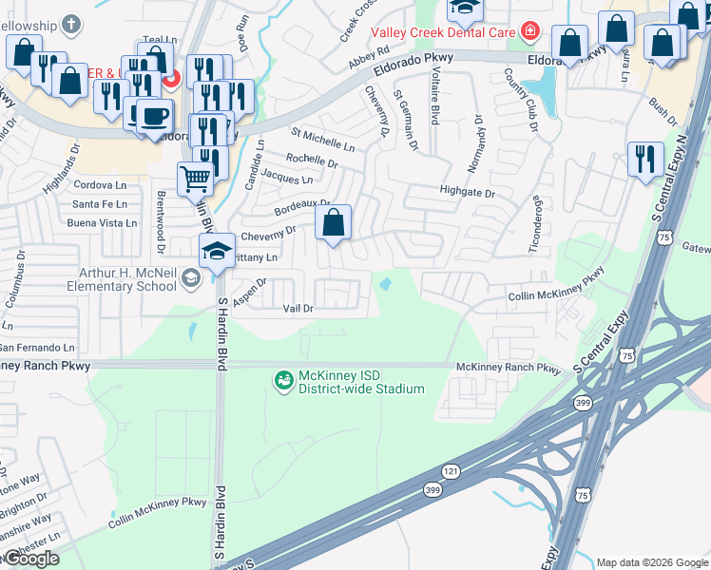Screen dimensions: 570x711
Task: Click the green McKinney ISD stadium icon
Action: pyautogui.click(x=282, y=381)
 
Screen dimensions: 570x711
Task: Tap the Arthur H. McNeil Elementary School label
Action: pyautogui.click(x=130, y=278)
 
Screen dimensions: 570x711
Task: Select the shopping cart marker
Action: pyautogui.click(x=195, y=177)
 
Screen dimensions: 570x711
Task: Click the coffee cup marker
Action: pyautogui.click(x=154, y=116)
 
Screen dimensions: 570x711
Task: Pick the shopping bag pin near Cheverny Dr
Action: pyautogui.click(x=333, y=223)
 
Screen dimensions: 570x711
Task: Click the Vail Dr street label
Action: pyautogui.click(x=298, y=309)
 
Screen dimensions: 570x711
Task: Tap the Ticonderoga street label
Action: pyautogui.click(x=536, y=225)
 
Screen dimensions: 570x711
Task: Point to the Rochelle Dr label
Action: pyautogui.click(x=312, y=162)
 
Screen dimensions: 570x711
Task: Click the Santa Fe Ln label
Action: pyautogui.click(x=99, y=203)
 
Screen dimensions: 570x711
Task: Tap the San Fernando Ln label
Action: pyautogui.click(x=37, y=349)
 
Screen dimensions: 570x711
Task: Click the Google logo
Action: pyautogui.click(x=31, y=558)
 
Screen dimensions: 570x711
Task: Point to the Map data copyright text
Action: pyautogui.click(x=651, y=561)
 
